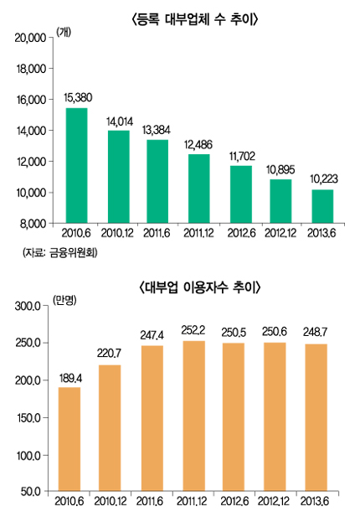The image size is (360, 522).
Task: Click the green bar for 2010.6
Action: point(76,166)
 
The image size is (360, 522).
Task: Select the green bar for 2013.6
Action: point(322,206)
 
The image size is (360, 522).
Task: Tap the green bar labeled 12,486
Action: point(199,189)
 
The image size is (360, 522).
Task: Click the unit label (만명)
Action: point(64,300)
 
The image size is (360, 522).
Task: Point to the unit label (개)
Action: point(64,32)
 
